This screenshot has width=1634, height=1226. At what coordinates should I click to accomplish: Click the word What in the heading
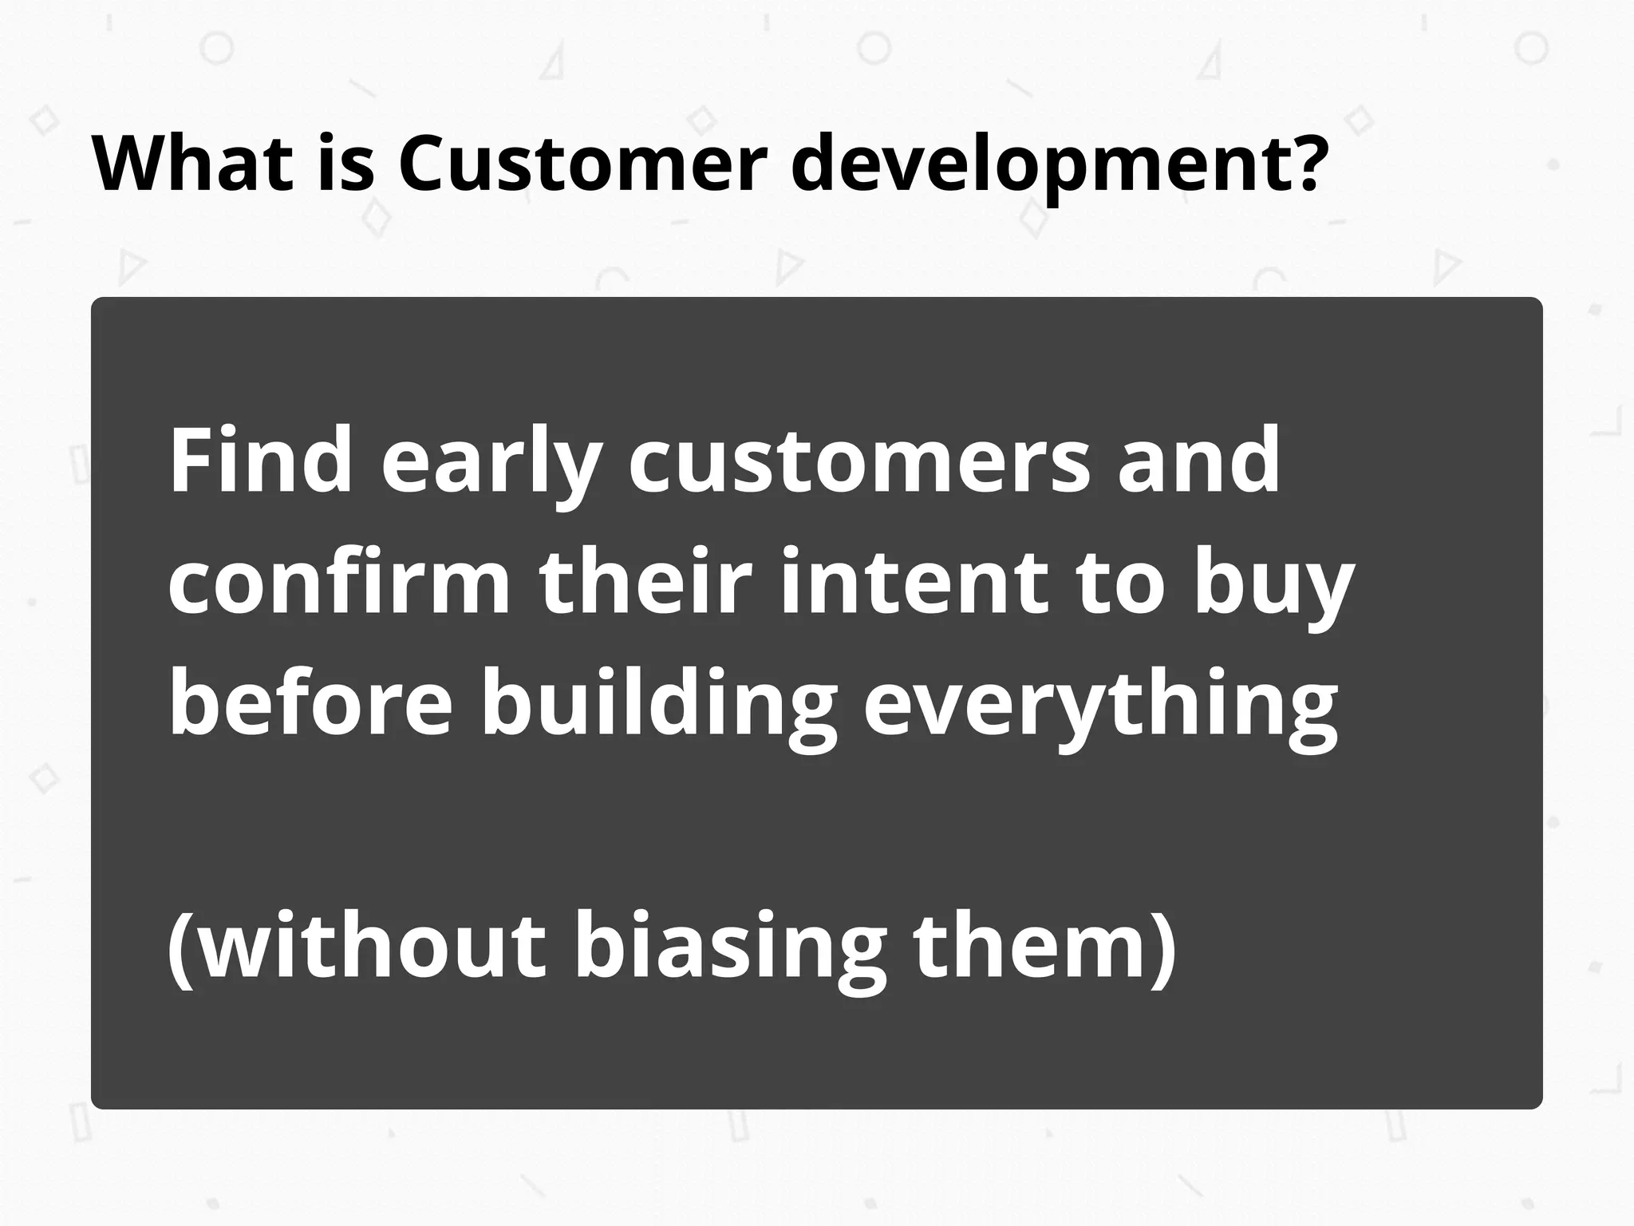[191, 164]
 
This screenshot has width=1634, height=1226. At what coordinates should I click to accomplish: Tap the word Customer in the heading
[582, 164]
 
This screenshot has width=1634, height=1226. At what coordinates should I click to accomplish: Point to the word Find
[260, 461]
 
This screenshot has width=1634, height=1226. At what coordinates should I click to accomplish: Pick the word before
[310, 702]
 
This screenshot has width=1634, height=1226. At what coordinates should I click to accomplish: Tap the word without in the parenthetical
[371, 946]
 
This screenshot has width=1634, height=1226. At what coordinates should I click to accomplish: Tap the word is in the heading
[345, 164]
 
